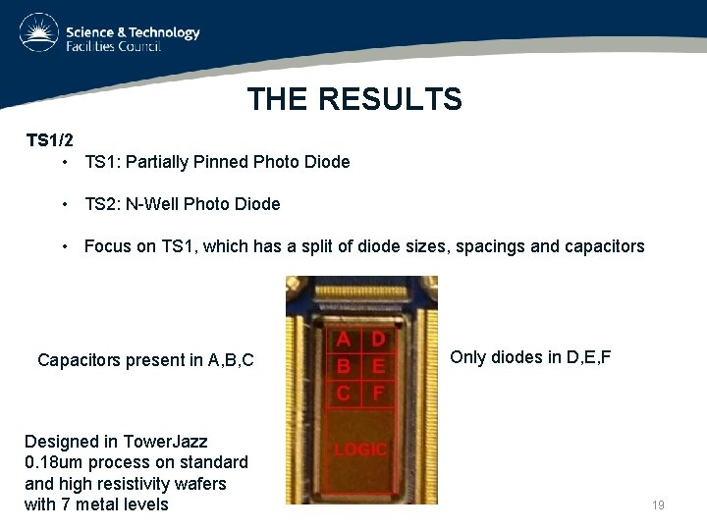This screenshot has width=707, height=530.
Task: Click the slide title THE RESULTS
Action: point(353,99)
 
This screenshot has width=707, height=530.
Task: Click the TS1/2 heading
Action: point(49,139)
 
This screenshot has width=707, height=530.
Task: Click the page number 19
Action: point(658,504)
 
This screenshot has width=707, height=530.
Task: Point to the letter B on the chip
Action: point(345,366)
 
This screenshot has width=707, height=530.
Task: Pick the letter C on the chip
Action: point(345,393)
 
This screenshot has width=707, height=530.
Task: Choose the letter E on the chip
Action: point(377,366)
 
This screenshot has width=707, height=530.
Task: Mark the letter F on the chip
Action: point(377,393)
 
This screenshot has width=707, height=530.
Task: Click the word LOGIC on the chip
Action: point(361,450)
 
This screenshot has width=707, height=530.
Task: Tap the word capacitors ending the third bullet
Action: point(605,246)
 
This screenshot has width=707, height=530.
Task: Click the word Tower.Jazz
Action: point(166,442)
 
